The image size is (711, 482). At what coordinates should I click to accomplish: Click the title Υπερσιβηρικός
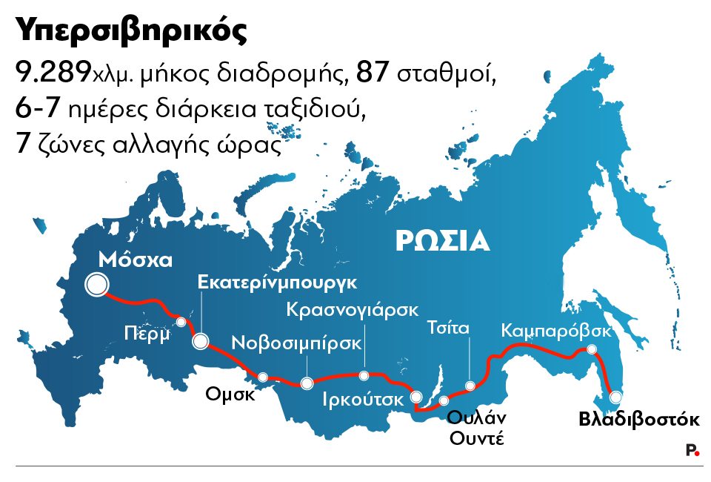[131, 32]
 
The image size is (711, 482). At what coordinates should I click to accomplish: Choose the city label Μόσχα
[136, 260]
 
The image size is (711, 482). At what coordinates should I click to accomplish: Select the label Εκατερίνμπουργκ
[277, 283]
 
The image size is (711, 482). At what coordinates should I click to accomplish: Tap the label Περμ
[146, 334]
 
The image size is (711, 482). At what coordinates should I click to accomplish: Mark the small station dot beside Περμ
[181, 322]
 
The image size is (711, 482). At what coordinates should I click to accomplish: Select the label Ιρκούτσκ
[363, 399]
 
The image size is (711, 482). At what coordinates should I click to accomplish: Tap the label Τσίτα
[449, 327]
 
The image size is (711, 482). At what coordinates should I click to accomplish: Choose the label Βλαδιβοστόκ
[638, 420]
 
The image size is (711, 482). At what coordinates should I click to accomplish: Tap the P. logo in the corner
[693, 451]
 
